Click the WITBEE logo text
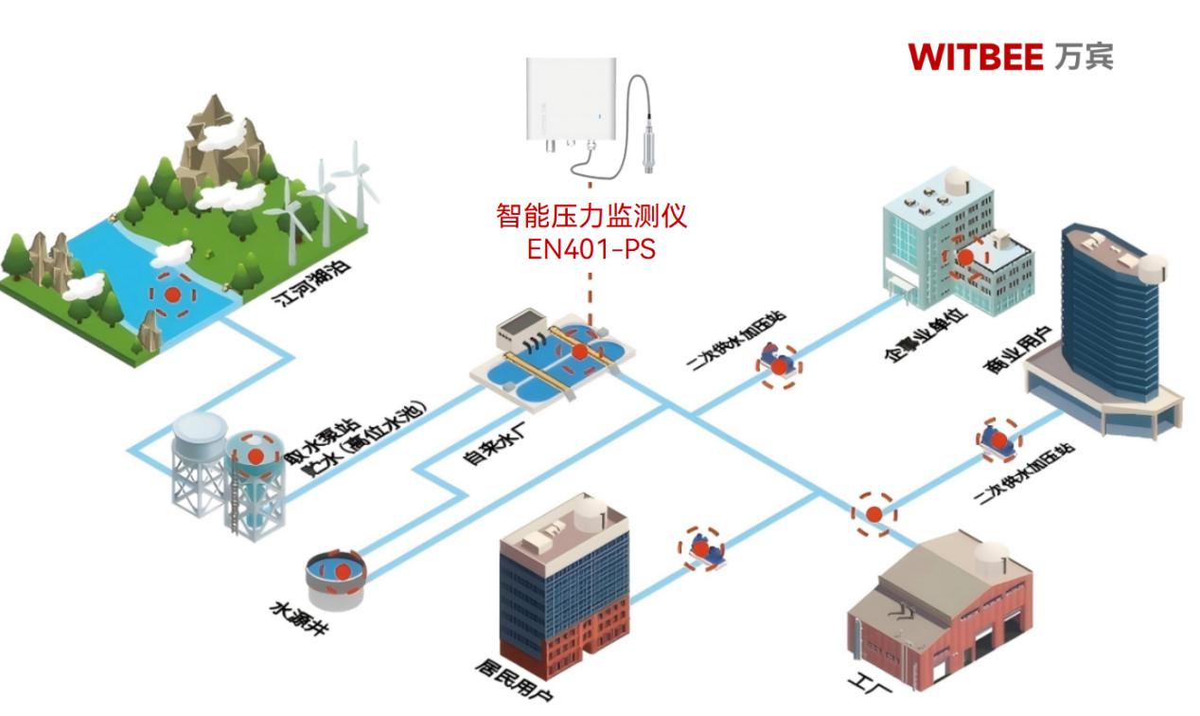tap(975, 57)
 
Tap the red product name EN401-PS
tap(591, 250)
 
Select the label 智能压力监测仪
tap(591, 217)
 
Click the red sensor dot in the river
tap(173, 294)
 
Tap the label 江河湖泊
tap(299, 283)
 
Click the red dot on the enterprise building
tap(965, 256)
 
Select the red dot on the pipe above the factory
tap(873, 513)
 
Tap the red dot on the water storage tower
tap(255, 455)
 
